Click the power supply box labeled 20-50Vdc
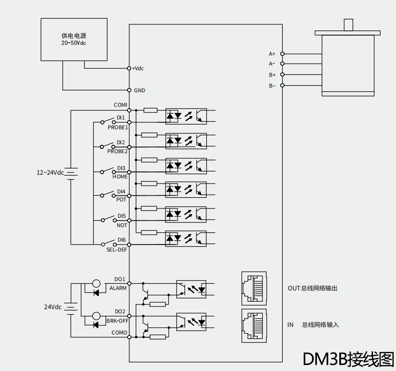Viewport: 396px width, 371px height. coord(74,39)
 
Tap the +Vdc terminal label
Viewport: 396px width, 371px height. coord(138,68)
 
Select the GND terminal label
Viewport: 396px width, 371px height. coord(139,90)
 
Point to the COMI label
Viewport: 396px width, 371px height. coord(120,105)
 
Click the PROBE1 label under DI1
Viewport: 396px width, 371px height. coord(118,127)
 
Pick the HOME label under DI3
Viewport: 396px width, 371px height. coord(120,177)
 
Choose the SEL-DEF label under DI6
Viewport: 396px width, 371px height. coord(117,250)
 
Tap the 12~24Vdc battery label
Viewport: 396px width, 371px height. coord(50,172)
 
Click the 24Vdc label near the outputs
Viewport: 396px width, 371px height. coord(53,307)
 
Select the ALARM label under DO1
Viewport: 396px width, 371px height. coord(118,288)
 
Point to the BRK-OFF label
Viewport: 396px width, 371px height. coord(117,321)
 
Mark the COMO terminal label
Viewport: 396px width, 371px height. coord(119,333)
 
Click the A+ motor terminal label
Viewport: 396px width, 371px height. coord(272,54)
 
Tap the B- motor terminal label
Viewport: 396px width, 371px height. coord(272,86)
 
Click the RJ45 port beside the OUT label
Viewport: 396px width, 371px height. coord(254,287)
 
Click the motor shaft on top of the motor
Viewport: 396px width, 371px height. coord(348,25)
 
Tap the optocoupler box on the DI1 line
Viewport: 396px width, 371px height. coord(186,116)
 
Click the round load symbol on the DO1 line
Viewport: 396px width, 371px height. coord(96,283)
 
